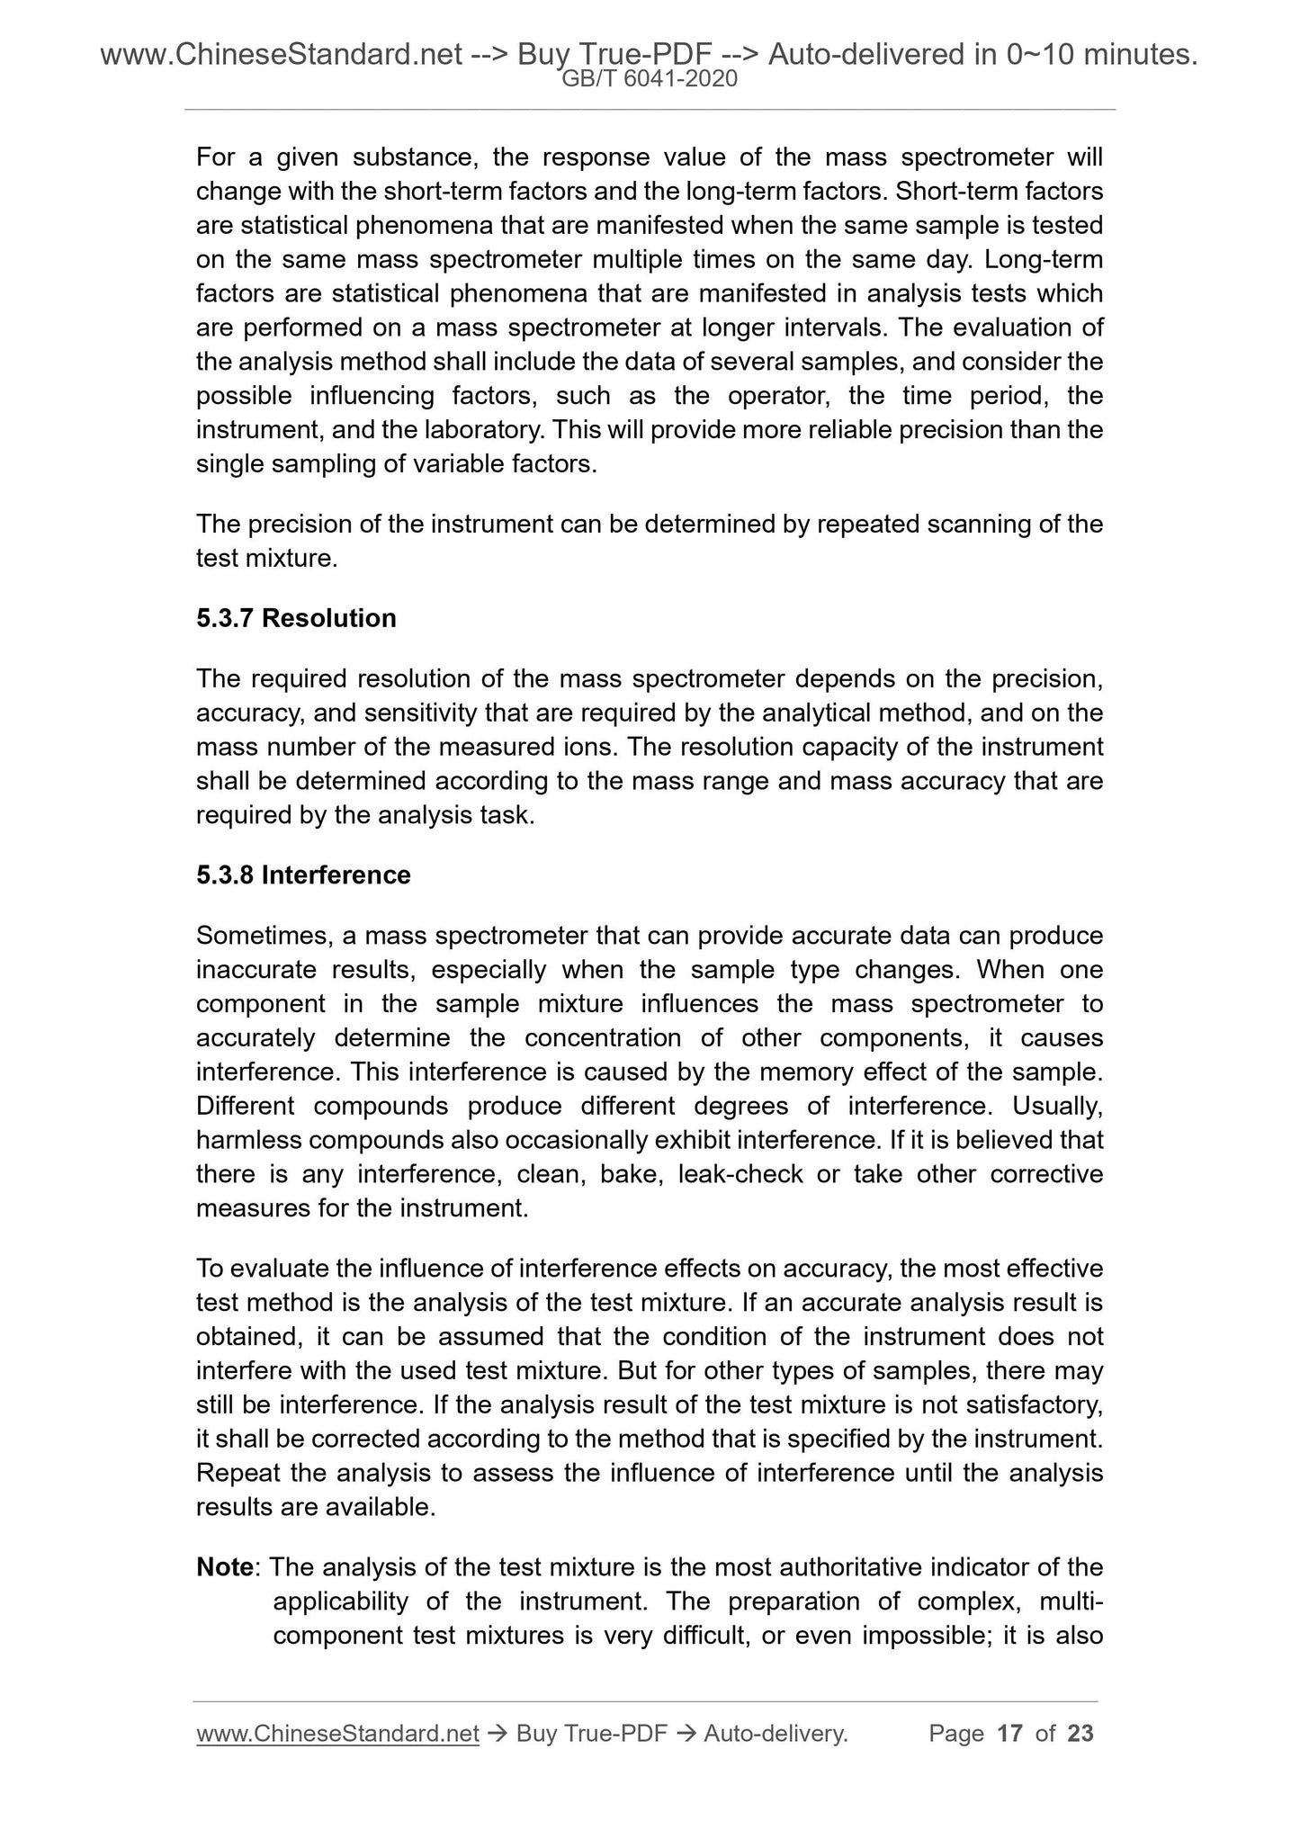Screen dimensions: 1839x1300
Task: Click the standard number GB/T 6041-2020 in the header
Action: click(650, 79)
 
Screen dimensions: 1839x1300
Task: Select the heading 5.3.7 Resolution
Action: click(296, 618)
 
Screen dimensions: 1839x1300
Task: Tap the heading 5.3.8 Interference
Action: click(303, 875)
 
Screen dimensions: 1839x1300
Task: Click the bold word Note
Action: click(225, 1567)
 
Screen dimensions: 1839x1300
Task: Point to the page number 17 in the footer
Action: click(1010, 1733)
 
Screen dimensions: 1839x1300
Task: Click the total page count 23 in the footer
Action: click(1080, 1733)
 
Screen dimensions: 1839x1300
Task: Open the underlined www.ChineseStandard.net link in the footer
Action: click(337, 1733)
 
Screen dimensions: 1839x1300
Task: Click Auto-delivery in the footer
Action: click(776, 1733)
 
